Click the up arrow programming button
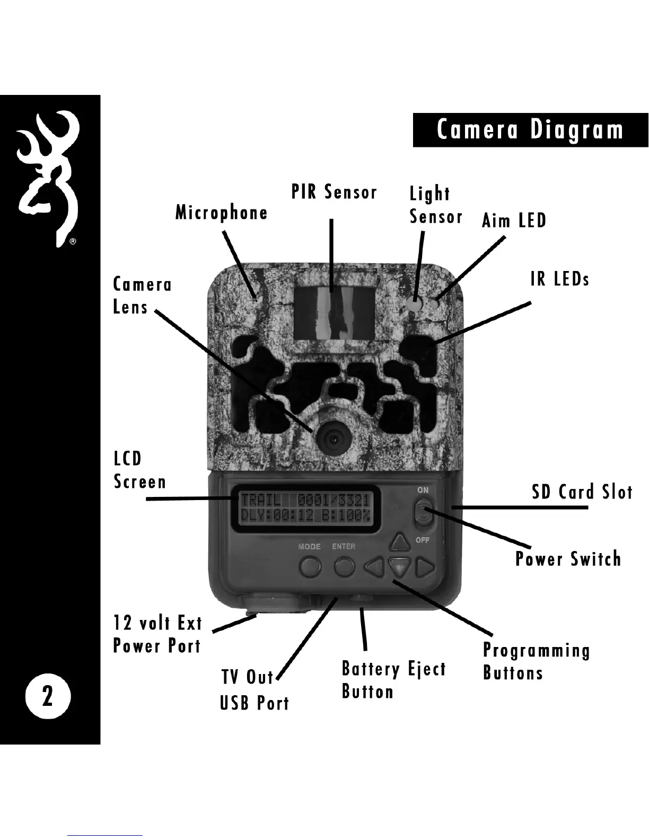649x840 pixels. coord(400,542)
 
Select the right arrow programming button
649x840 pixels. coord(424,568)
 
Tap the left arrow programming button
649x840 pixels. coord(375,568)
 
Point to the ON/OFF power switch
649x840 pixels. coord(423,514)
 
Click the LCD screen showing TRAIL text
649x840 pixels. coord(305,507)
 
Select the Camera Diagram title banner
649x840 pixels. coord(530,130)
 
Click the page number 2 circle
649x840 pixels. coord(48,696)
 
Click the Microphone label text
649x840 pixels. coord(222,213)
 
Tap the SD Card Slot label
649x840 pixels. coord(582,492)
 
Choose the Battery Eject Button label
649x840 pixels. coord(393,680)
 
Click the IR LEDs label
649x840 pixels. coord(560,279)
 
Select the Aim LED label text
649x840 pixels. coord(514,221)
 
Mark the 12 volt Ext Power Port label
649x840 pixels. coord(157,634)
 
